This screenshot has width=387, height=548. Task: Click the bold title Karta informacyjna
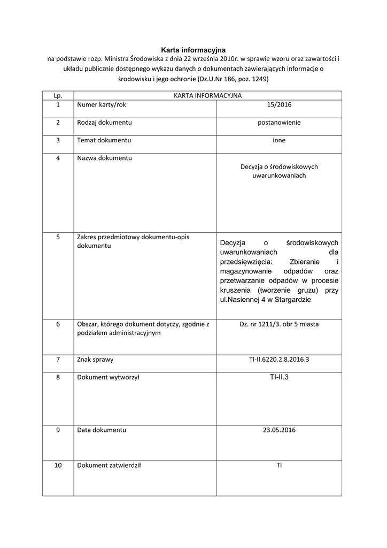click(x=193, y=49)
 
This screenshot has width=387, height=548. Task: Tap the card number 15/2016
click(x=279, y=105)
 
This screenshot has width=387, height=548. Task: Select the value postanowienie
click(x=279, y=123)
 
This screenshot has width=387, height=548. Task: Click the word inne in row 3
click(x=279, y=140)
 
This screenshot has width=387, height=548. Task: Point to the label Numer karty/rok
click(x=102, y=105)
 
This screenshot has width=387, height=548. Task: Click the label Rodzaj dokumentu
click(x=104, y=123)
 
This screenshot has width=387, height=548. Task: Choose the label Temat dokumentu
click(x=104, y=140)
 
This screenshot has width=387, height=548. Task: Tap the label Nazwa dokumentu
click(x=104, y=158)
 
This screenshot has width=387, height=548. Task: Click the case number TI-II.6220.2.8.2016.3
click(x=279, y=360)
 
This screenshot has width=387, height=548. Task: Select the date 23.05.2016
click(x=279, y=430)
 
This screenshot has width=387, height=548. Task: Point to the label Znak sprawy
click(x=95, y=360)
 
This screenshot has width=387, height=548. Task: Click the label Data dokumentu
click(x=102, y=430)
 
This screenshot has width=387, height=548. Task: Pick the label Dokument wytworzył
click(x=108, y=377)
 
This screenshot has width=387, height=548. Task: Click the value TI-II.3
click(x=279, y=377)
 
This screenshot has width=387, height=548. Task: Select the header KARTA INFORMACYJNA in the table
click(x=207, y=95)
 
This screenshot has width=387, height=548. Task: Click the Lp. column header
click(x=58, y=95)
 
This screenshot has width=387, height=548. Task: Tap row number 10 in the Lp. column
click(x=58, y=465)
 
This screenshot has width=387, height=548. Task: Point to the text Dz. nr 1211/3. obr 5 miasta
click(x=279, y=324)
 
